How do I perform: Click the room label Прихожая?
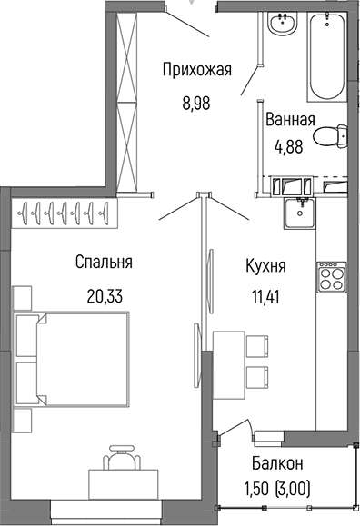196,69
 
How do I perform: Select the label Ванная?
290,120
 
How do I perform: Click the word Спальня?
104,263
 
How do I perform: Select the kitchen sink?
298,214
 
